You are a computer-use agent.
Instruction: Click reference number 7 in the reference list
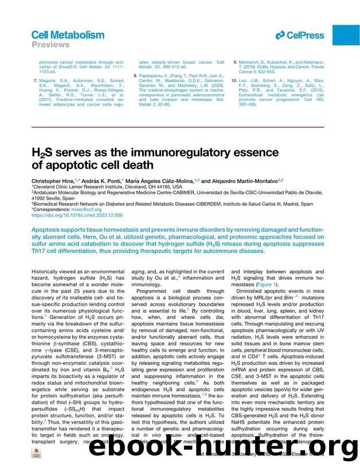pyautogui.click(x=36, y=80)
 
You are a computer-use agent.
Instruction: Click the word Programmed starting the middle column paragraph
pyautogui.click(x=154, y=291)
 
